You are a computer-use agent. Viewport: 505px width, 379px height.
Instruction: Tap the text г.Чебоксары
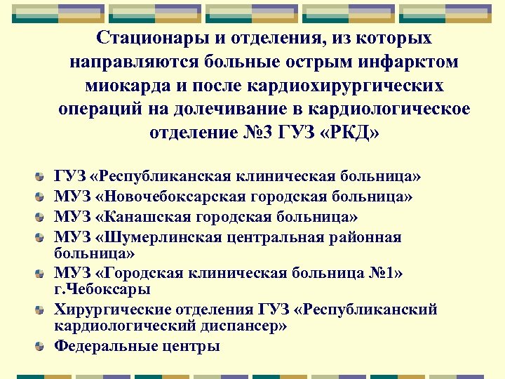[x=102, y=288]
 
